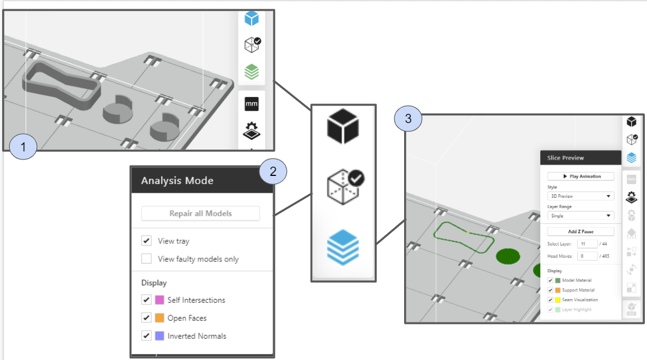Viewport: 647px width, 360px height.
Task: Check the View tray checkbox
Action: click(147, 241)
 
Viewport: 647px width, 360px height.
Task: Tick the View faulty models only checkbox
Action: click(147, 259)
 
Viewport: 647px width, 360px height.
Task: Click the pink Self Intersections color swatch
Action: click(160, 300)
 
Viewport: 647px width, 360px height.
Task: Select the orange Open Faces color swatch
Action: click(160, 318)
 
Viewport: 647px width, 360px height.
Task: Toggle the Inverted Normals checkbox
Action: click(147, 336)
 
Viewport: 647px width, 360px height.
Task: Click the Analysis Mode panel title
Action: click(177, 180)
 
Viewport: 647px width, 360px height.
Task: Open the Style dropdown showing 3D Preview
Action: click(581, 196)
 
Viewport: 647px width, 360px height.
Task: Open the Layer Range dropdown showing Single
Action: click(581, 216)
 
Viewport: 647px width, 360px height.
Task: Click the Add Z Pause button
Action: click(581, 231)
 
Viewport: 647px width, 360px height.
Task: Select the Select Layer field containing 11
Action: click(589, 245)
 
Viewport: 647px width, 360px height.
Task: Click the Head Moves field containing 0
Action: click(589, 256)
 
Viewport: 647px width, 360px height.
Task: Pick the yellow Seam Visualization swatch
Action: click(558, 300)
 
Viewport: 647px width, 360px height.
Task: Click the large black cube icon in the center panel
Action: click(343, 127)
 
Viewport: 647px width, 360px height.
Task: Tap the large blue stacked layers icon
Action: click(343, 247)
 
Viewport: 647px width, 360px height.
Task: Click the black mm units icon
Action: click(252, 103)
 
